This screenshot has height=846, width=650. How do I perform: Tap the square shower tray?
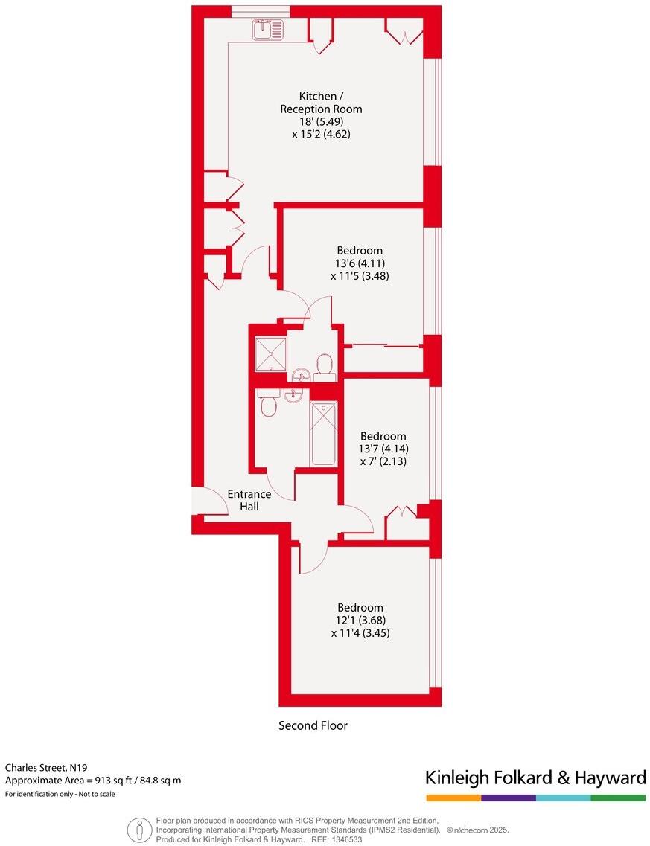pyautogui.click(x=270, y=353)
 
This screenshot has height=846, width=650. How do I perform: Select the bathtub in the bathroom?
pyautogui.click(x=323, y=433)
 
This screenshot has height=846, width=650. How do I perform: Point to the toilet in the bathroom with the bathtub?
pyautogui.click(x=269, y=405)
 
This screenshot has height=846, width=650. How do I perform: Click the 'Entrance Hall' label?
pyautogui.click(x=249, y=500)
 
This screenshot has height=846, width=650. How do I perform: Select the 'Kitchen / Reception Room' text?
pyautogui.click(x=321, y=102)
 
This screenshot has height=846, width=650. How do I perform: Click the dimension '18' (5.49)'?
pyautogui.click(x=321, y=122)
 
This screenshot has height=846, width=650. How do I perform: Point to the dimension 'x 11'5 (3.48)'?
pyautogui.click(x=360, y=275)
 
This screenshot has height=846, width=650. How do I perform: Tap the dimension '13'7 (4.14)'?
pyautogui.click(x=383, y=449)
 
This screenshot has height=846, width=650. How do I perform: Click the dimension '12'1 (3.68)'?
pyautogui.click(x=360, y=620)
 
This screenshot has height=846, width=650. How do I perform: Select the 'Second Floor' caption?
pyautogui.click(x=313, y=725)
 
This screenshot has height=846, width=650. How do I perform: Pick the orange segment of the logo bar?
pyautogui.click(x=453, y=798)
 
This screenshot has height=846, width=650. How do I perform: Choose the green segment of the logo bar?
pyautogui.click(x=619, y=798)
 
